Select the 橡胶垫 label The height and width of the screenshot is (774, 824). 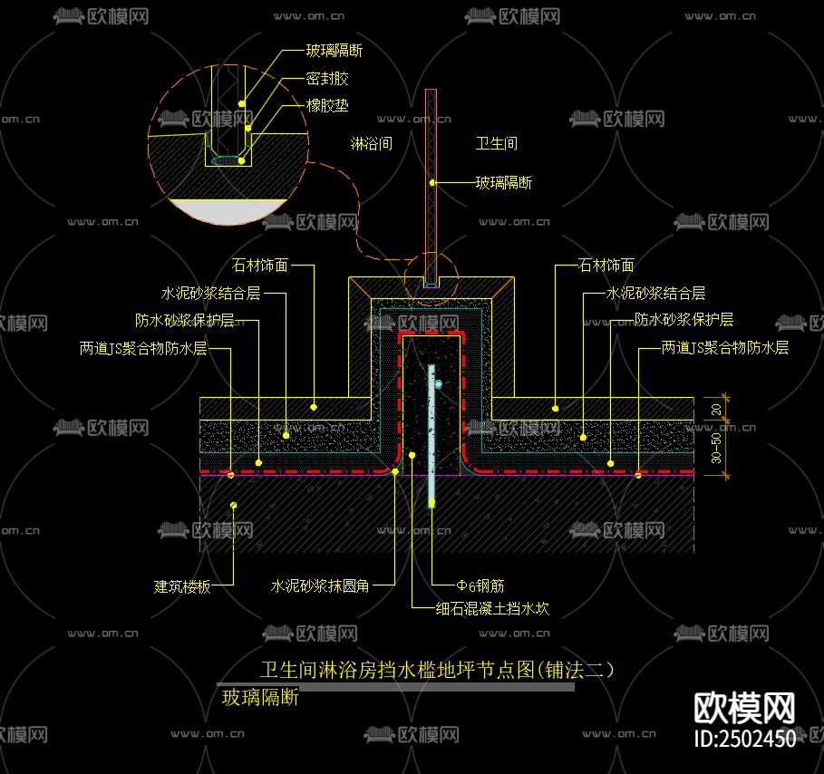point(327,106)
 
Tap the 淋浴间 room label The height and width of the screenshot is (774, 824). point(371,143)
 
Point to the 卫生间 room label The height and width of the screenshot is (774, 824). point(496,143)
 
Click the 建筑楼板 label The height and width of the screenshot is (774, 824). point(182,586)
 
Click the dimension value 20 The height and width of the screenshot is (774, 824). point(716,409)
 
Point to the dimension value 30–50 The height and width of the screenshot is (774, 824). point(716,448)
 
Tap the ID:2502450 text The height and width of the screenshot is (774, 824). point(744,739)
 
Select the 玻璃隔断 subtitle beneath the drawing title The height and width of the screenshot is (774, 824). point(260,697)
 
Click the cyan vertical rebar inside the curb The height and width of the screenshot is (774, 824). point(431,435)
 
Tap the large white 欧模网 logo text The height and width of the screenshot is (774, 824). point(744,707)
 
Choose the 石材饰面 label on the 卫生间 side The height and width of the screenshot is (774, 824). point(606,266)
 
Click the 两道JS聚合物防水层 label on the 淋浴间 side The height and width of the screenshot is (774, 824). point(143,348)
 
